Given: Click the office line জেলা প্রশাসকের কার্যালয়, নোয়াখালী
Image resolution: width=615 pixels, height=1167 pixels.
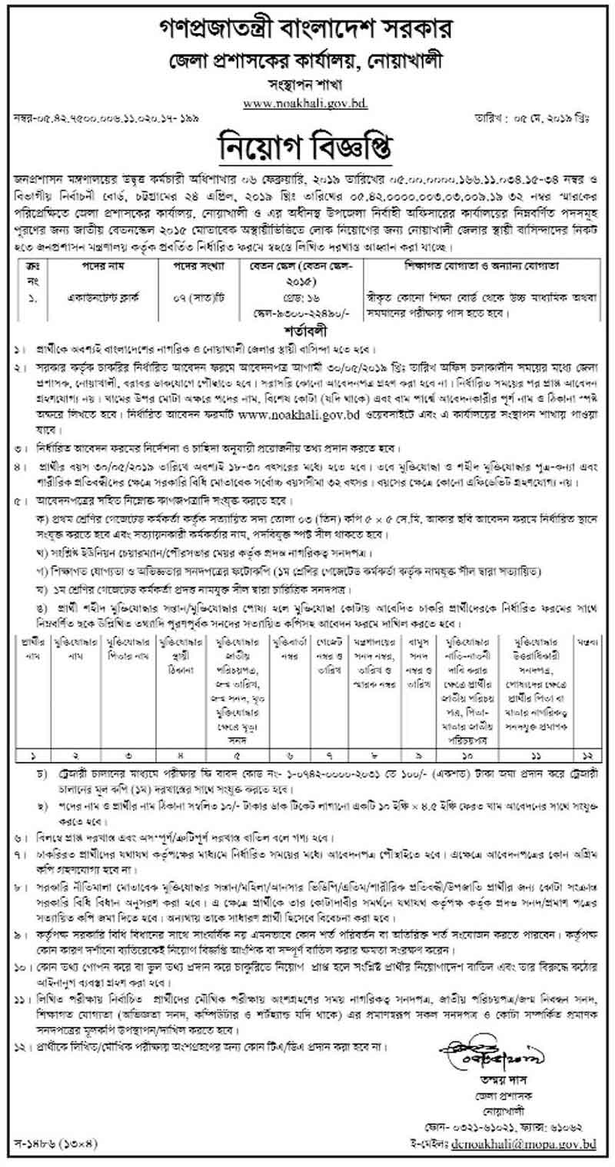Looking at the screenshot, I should (307, 58).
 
